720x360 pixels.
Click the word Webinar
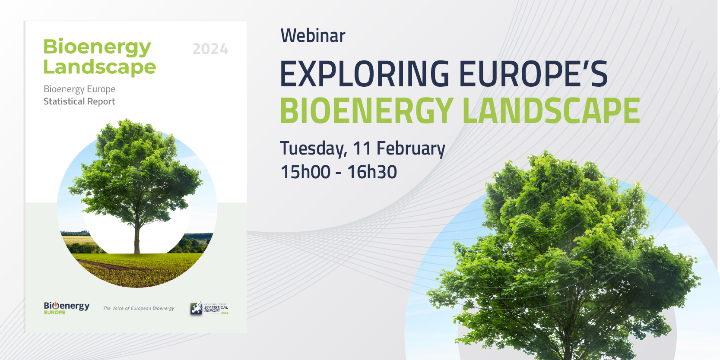313,35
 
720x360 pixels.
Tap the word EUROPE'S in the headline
533,74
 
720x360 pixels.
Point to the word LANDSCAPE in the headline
552,111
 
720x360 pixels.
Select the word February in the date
411,149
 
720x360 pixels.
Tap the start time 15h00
305,172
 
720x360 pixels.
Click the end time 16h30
372,172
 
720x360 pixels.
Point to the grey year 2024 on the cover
210,49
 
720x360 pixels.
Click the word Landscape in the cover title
100,67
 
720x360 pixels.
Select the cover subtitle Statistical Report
79,101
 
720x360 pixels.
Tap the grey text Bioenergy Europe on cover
79,89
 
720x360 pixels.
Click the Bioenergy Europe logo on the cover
67,308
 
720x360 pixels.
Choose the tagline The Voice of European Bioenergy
138,308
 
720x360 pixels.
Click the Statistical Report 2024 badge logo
209,309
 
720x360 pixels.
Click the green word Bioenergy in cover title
97,47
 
